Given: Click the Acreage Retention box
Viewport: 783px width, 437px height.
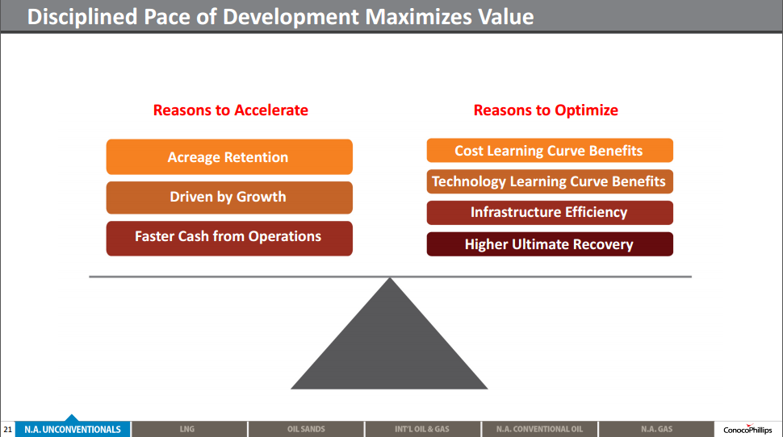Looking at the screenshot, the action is (229, 156).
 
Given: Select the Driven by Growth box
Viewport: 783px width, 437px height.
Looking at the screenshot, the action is (229, 198).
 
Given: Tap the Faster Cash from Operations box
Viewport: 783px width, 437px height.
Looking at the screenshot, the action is (229, 239).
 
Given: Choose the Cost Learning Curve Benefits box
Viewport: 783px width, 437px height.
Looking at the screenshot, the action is (550, 150).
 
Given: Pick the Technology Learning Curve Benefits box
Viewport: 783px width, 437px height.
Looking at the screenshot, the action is (550, 181).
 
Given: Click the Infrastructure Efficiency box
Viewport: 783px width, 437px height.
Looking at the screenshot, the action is (550, 213).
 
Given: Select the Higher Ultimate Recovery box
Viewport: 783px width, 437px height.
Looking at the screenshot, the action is (550, 244).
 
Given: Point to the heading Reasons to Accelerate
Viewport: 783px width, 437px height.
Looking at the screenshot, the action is (231, 110).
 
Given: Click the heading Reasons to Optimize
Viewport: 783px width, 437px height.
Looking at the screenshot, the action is (546, 110).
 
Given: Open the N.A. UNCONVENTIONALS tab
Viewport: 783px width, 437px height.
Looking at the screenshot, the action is (73, 429).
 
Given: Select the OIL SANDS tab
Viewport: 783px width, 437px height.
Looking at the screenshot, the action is (306, 429).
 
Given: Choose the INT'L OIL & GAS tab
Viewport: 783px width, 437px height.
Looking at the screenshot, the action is (422, 429).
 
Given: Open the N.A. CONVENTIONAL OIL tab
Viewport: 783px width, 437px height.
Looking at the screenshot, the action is (539, 429).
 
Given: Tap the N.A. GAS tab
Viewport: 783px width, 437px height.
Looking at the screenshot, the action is (656, 429).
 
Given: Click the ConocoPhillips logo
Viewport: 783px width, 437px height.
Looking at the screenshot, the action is (747, 429).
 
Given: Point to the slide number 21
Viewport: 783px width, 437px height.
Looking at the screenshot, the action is (7, 430).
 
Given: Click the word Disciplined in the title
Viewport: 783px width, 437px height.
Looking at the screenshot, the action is (82, 17).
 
